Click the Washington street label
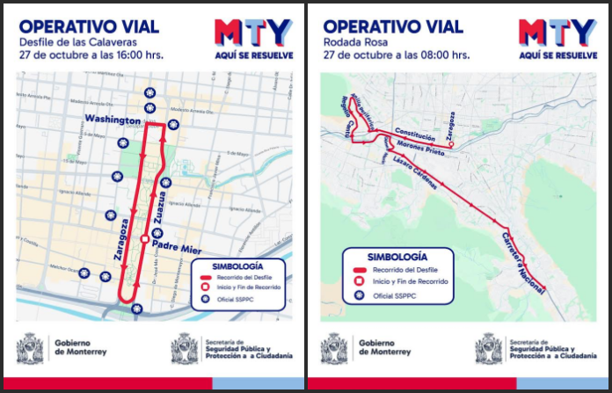click(113, 119)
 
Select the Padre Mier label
click(178, 248)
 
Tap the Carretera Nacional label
click(524, 263)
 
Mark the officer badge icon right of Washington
click(173, 124)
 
